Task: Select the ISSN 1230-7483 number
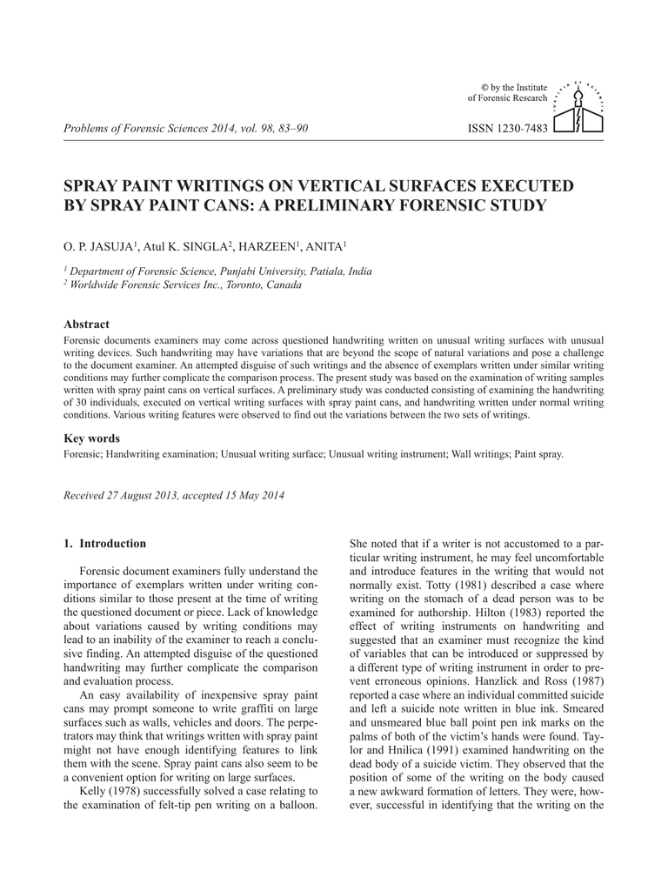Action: pos(507,129)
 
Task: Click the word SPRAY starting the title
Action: pos(94,186)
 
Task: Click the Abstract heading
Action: pos(87,324)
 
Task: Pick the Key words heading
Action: pos(91,439)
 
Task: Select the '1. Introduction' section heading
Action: pos(105,544)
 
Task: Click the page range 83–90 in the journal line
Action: pos(291,130)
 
